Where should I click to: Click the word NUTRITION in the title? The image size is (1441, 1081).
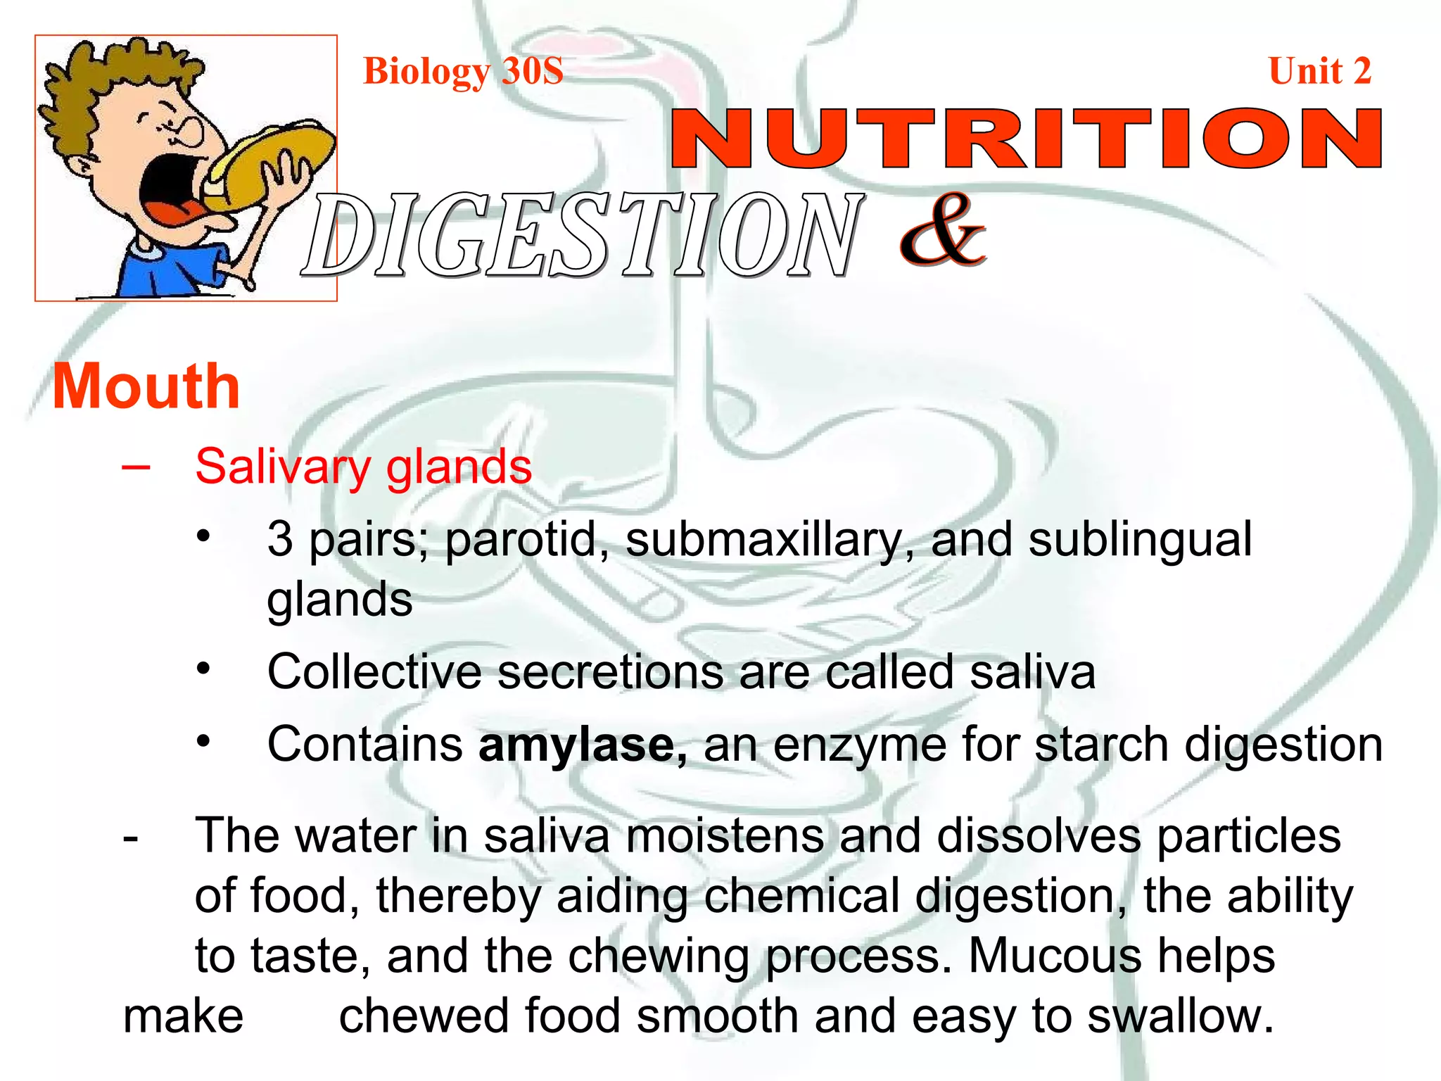click(x=1026, y=139)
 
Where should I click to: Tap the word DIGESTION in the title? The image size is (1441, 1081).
click(x=583, y=235)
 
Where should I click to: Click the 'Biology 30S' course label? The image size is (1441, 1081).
click(x=463, y=71)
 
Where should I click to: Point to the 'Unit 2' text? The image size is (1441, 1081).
click(x=1319, y=71)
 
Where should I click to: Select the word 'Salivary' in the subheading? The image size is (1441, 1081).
click(x=281, y=467)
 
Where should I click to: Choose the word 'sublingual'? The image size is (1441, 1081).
click(x=1140, y=539)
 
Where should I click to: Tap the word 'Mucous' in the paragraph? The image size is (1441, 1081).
click(x=1057, y=956)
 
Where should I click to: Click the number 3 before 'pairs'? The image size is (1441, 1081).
click(x=280, y=539)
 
